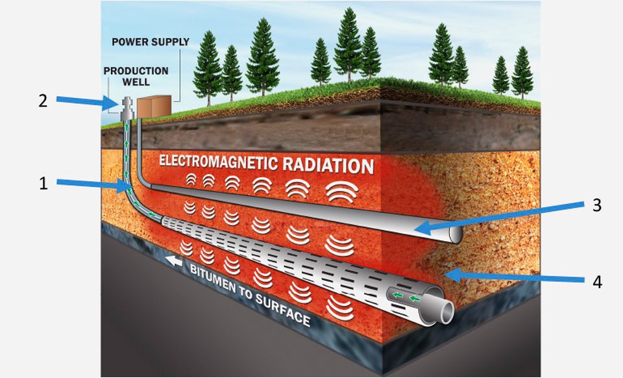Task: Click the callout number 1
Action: [43, 184]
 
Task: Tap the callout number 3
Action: [598, 205]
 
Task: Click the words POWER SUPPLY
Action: [151, 42]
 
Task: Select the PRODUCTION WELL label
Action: [136, 77]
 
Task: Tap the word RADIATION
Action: [329, 165]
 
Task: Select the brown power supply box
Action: [153, 106]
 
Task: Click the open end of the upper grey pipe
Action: [453, 234]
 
